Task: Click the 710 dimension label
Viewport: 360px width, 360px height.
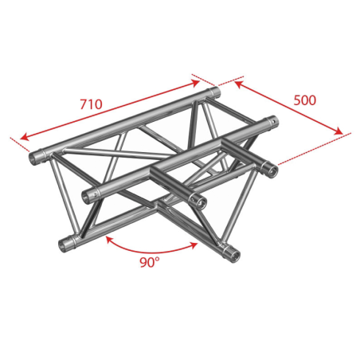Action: (91, 104)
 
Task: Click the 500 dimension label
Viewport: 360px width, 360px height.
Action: (305, 100)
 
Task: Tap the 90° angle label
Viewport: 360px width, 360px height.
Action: (150, 262)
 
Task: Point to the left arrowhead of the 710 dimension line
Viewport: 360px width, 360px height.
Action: (24, 137)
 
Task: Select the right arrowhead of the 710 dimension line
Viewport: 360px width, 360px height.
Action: (195, 83)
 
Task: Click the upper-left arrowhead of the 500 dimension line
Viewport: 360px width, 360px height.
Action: (237, 84)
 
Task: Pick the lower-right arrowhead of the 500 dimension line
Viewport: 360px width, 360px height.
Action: (339, 131)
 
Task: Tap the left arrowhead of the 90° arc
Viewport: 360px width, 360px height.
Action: (109, 240)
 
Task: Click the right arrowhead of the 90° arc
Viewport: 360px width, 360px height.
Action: (194, 245)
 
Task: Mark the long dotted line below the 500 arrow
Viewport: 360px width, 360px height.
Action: (315, 148)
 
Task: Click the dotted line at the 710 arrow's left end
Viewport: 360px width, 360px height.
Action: (20, 144)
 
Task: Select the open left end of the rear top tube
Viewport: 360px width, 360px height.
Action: (34, 158)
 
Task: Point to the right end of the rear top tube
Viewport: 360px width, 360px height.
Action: (216, 93)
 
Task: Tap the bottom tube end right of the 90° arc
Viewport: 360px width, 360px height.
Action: (233, 256)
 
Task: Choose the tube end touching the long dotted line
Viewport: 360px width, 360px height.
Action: (271, 170)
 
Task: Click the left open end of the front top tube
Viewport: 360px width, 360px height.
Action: (88, 198)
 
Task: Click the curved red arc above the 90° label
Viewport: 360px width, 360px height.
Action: (151, 252)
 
